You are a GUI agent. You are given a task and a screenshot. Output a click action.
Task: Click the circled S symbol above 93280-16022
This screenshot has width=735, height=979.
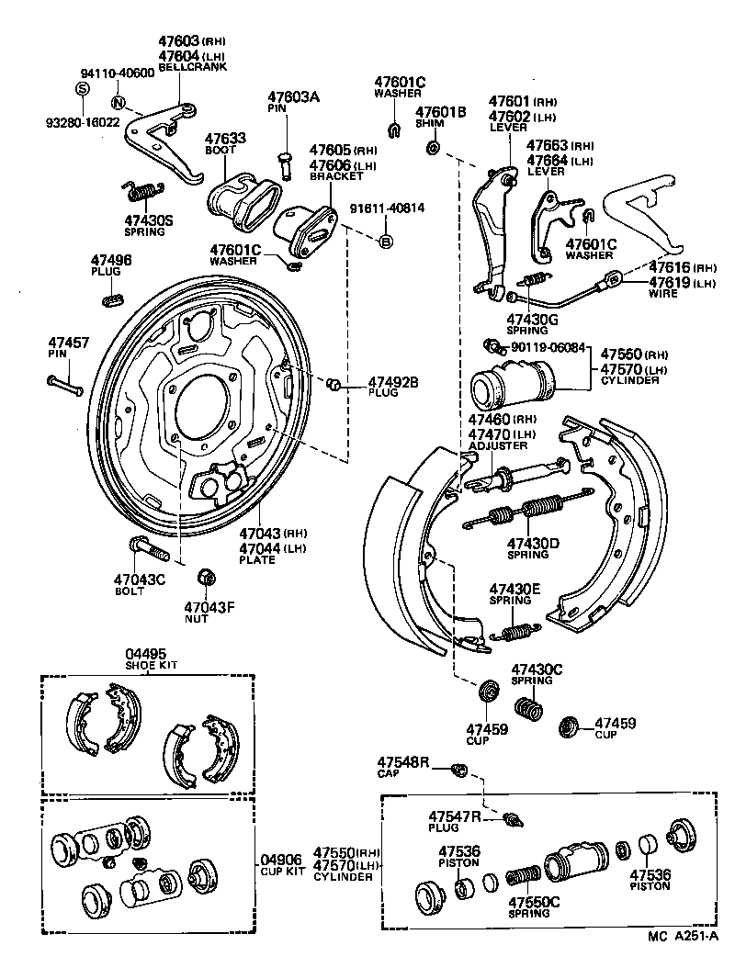coord(81,88)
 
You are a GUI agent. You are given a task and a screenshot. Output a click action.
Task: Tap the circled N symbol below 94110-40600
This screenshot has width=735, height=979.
coord(119,102)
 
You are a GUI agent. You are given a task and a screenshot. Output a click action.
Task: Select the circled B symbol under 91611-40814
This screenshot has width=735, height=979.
coord(386,242)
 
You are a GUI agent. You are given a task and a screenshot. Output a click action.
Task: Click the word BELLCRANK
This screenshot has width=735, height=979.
coord(187,68)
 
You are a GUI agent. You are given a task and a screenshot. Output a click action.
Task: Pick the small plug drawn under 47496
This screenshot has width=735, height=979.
coord(111,298)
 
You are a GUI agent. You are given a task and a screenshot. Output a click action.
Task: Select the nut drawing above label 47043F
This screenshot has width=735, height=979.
coord(207,577)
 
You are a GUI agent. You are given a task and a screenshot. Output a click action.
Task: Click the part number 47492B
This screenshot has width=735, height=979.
coord(393,382)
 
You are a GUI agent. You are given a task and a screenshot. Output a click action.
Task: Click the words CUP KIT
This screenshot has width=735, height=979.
coord(281,871)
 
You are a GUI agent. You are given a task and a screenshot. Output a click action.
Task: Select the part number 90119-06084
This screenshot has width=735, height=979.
coord(548,346)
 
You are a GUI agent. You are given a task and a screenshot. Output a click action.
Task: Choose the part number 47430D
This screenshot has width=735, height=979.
coord(533,543)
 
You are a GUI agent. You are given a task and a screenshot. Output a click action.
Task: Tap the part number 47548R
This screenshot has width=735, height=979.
coord(401,762)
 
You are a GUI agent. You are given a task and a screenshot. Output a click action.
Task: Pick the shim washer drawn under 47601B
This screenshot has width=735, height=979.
coord(433,147)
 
